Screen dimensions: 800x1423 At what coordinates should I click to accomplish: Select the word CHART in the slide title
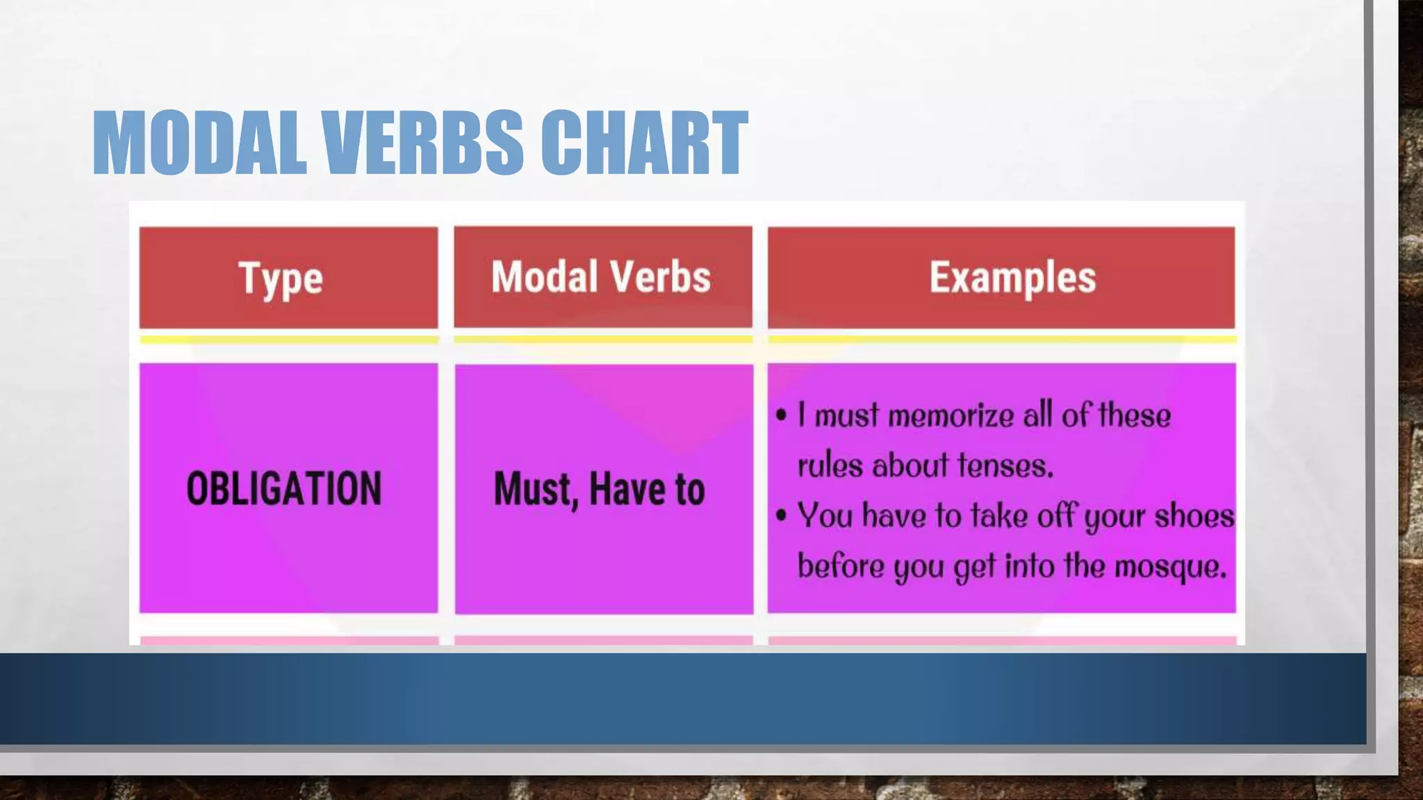[x=643, y=143]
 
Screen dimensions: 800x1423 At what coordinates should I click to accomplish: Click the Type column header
[x=281, y=278]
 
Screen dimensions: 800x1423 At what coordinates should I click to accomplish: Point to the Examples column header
[x=1012, y=277]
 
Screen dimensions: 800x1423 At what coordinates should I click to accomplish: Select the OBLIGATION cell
[x=284, y=488]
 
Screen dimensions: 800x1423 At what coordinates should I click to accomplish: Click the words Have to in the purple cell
[x=647, y=489]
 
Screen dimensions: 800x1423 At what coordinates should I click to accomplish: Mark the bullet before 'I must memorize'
[x=782, y=415]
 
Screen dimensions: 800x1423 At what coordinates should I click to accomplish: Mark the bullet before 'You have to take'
[x=782, y=516]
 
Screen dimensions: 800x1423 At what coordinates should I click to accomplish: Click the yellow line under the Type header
[x=288, y=340]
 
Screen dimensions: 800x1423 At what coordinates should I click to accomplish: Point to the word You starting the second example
[x=825, y=516]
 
